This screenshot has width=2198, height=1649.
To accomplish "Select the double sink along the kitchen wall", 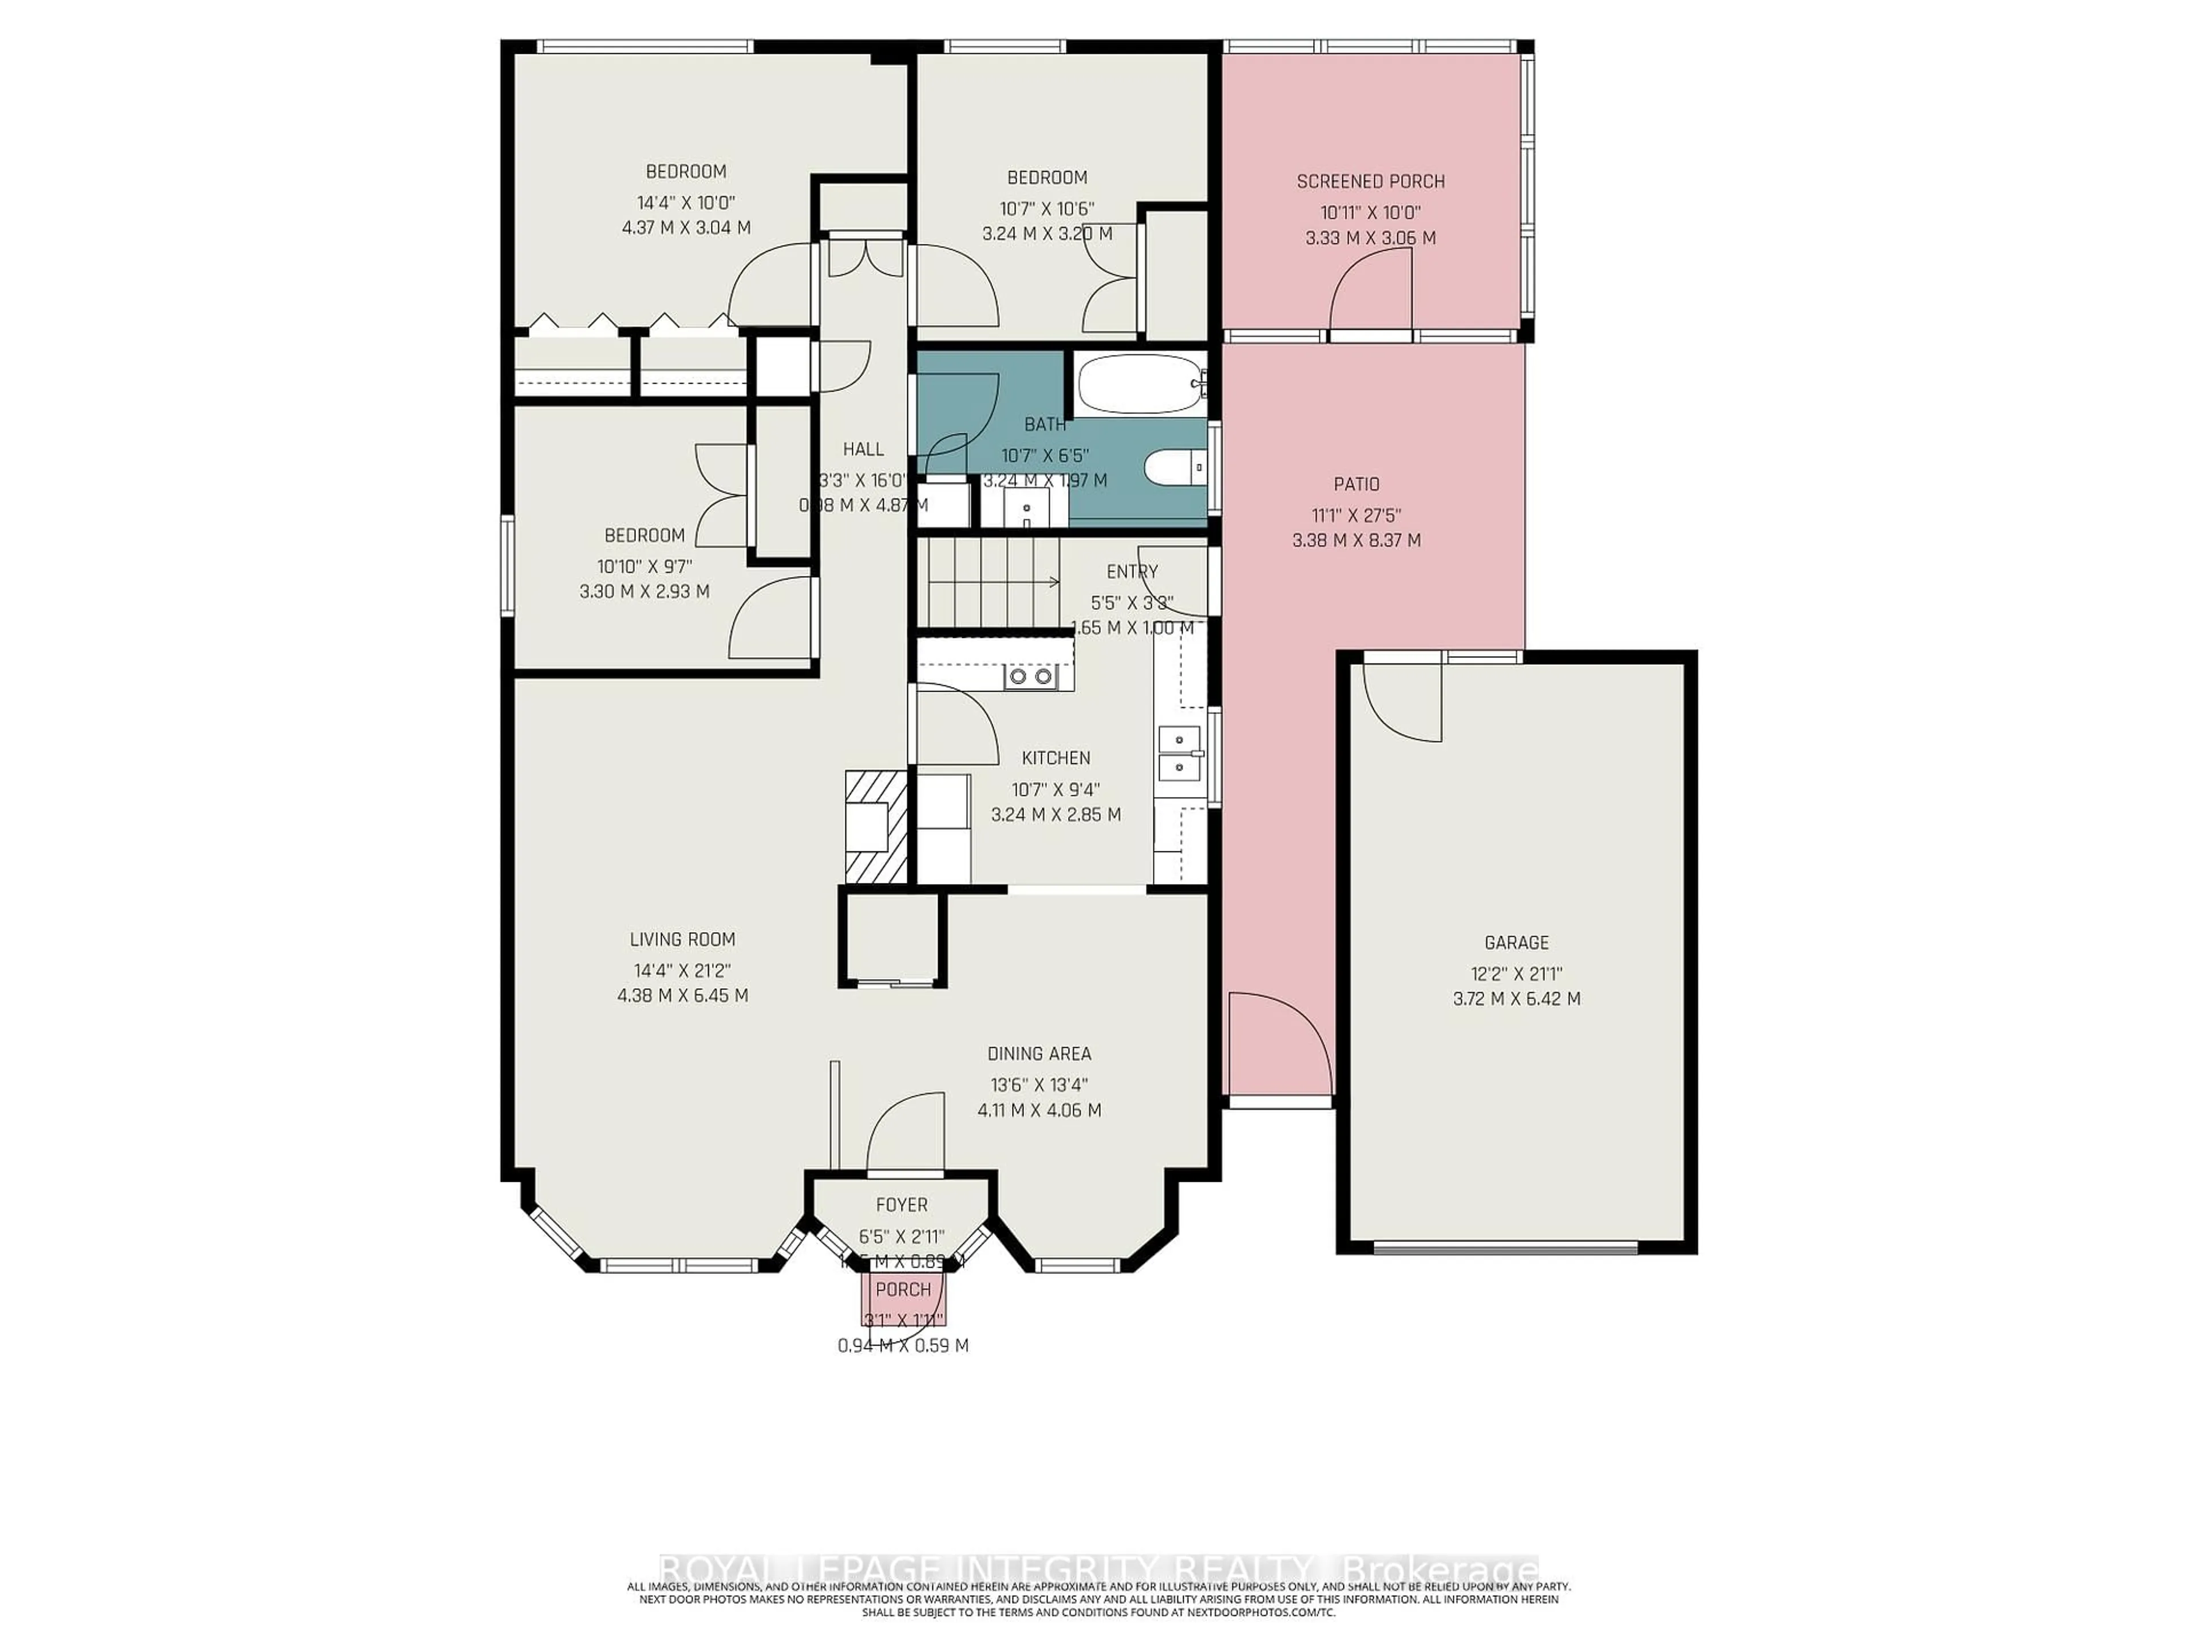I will (1180, 754).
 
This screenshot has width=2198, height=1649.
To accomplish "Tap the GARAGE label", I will (1516, 942).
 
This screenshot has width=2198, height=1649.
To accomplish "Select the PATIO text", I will (1357, 484).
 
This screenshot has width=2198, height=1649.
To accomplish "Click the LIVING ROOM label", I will (683, 940).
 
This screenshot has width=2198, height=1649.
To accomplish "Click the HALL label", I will (863, 449).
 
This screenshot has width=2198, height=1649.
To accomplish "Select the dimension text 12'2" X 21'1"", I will (1516, 974).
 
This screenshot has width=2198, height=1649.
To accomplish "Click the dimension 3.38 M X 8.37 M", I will (1357, 541).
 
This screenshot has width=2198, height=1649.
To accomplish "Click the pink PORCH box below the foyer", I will (903, 1301).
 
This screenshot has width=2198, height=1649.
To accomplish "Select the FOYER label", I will (902, 1205).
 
